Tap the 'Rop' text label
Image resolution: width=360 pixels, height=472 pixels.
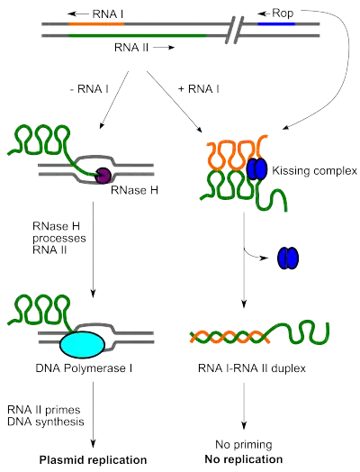click(287, 14)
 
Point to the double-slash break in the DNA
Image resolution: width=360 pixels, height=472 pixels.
click(236, 32)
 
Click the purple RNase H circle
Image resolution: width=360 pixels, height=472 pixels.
click(103, 177)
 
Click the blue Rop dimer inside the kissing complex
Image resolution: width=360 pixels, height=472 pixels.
click(256, 168)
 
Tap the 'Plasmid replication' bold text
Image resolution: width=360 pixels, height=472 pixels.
click(93, 460)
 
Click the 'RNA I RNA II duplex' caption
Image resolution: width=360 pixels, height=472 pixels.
click(252, 369)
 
